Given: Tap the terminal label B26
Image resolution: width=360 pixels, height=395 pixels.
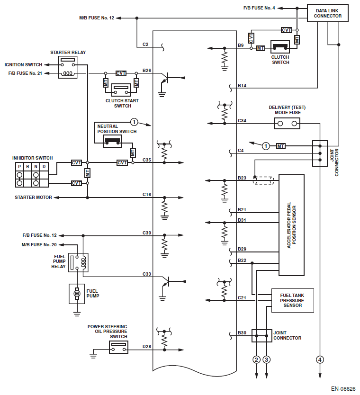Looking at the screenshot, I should click(147, 71).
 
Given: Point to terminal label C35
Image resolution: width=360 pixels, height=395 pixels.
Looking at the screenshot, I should click(147, 160).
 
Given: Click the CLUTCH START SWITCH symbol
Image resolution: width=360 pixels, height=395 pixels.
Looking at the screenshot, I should click(121, 89).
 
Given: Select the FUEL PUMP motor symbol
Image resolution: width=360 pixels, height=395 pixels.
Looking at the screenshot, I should click(76, 294).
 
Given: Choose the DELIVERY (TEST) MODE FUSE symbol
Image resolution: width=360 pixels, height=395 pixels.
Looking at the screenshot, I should click(288, 124).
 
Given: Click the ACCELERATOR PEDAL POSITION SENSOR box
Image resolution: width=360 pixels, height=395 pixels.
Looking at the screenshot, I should click(291, 225).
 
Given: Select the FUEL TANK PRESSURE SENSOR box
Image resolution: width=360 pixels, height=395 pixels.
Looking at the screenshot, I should click(292, 300).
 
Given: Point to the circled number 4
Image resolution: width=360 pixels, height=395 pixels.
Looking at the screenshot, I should click(320, 360).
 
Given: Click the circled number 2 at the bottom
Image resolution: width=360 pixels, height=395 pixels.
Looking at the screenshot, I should click(257, 360).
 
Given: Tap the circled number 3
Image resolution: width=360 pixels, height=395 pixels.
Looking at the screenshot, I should click(267, 360).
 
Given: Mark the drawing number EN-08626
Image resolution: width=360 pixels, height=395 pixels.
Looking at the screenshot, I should click(343, 388).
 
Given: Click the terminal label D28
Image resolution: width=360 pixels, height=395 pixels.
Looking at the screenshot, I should click(147, 347).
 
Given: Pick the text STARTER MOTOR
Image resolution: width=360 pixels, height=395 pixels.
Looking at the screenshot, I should click(33, 197).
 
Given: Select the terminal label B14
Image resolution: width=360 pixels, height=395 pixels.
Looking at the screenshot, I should click(242, 85).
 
